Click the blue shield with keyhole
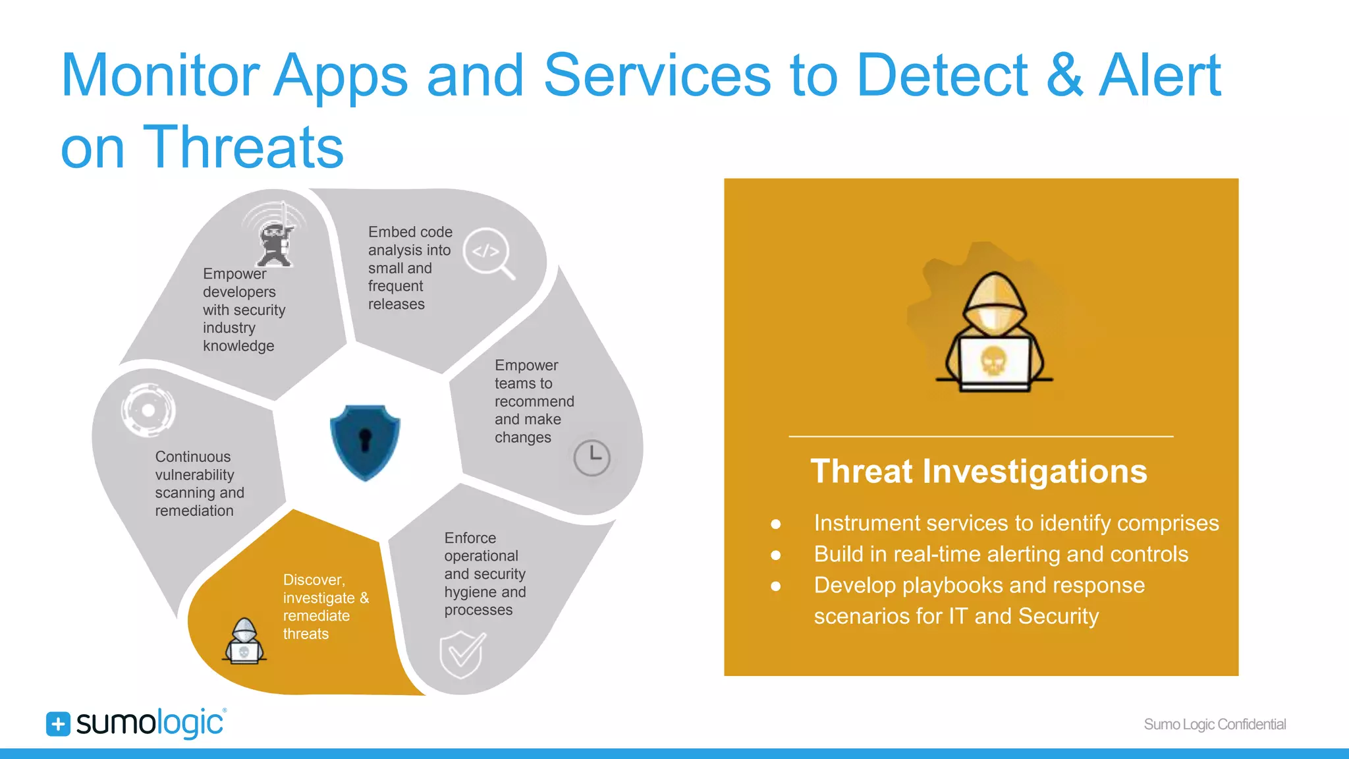pyautogui.click(x=365, y=441)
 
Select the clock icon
pyautogui.click(x=592, y=457)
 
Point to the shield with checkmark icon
pyautogui.click(x=462, y=654)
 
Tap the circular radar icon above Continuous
pyautogui.click(x=148, y=410)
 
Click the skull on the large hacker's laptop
pyautogui.click(x=993, y=361)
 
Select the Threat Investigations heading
pyautogui.click(x=979, y=472)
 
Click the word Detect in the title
pyautogui.click(x=942, y=75)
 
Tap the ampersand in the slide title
pyautogui.click(x=1064, y=75)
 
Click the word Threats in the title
pyautogui.click(x=243, y=148)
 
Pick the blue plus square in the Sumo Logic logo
pyautogui.click(x=58, y=724)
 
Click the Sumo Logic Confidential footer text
pyautogui.click(x=1215, y=724)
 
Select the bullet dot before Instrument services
pyautogui.click(x=776, y=524)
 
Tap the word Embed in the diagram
pyautogui.click(x=387, y=232)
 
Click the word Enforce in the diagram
pyautogui.click(x=470, y=538)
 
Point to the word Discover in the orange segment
pyautogui.click(x=314, y=580)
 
